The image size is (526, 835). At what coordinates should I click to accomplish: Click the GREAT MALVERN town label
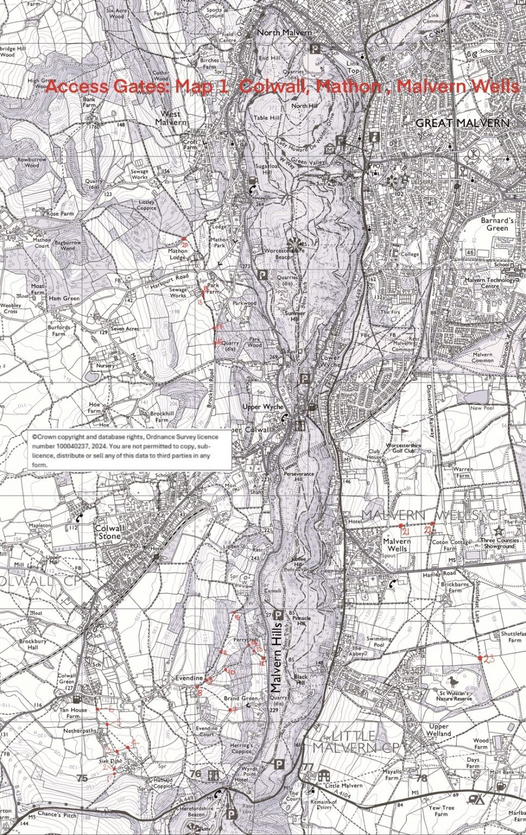(462, 123)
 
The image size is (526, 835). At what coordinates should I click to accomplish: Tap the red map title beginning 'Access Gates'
(281, 86)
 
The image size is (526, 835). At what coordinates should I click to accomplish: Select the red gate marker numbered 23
(480, 658)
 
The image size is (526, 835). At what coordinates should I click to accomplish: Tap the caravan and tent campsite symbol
(477, 800)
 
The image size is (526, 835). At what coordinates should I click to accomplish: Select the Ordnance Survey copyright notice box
(129, 450)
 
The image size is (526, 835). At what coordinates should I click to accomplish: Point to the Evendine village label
(189, 678)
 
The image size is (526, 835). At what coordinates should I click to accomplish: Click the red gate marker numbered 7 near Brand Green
(234, 709)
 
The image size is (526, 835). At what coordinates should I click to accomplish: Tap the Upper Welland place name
(439, 730)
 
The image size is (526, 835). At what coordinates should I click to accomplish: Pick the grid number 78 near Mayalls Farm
(421, 778)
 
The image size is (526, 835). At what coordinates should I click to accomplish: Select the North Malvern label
(284, 33)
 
